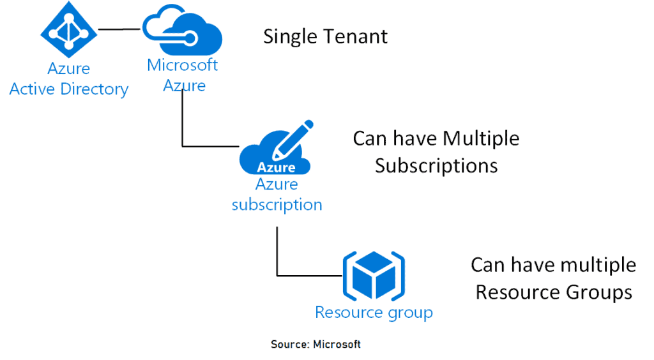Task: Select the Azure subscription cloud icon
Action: (x=275, y=156)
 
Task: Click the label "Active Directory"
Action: (x=69, y=89)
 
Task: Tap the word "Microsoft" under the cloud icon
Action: (x=182, y=65)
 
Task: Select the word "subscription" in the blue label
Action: (x=277, y=205)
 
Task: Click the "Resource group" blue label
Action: (x=374, y=313)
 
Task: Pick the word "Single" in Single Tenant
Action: (x=291, y=36)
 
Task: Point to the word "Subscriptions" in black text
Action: (x=436, y=166)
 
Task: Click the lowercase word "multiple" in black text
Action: (x=598, y=264)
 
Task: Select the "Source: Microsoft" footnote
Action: (x=316, y=345)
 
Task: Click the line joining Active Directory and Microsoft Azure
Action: (x=119, y=29)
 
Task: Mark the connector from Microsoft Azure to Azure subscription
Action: (x=184, y=121)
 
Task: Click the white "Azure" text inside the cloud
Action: (x=276, y=168)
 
